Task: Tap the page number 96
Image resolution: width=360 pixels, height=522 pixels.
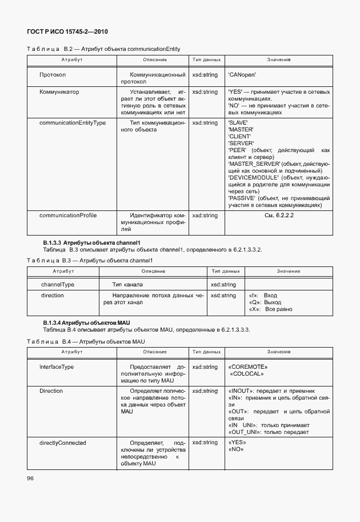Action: tap(30, 477)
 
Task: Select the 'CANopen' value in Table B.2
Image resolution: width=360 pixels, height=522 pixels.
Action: tap(242, 75)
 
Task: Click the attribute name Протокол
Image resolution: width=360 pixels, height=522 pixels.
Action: tap(53, 75)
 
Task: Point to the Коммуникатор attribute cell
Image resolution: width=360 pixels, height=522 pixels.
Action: tap(59, 91)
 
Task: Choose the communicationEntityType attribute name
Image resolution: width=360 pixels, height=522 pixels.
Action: tap(73, 123)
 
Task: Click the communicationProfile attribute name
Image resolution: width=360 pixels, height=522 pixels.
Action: tap(68, 216)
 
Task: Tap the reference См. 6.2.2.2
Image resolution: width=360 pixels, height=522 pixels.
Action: tap(278, 216)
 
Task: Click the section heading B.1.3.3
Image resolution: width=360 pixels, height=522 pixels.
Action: tap(91, 242)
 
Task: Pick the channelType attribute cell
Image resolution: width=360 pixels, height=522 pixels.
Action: tap(58, 284)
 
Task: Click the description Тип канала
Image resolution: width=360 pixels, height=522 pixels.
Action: tap(127, 284)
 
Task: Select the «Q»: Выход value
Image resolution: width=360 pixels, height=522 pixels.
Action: tap(265, 302)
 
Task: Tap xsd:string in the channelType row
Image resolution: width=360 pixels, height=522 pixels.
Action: tap(223, 284)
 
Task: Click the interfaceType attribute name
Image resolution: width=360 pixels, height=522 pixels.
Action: tap(57, 366)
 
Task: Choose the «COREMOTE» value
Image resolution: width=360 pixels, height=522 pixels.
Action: tap(247, 366)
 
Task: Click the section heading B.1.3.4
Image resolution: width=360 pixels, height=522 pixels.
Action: tap(87, 323)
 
